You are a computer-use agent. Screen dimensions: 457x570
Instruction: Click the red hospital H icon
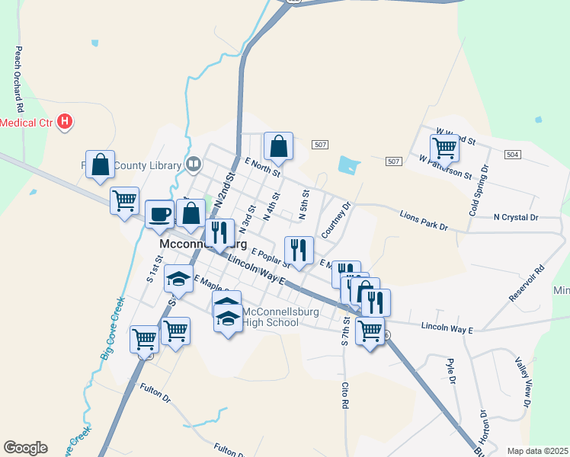(x=66, y=121)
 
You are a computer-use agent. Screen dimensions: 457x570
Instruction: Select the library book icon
(x=194, y=165)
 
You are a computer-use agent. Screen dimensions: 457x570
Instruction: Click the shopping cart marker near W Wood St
(x=444, y=148)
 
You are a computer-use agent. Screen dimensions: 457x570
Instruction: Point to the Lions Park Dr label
(x=424, y=220)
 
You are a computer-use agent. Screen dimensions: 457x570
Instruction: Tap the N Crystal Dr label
(x=515, y=217)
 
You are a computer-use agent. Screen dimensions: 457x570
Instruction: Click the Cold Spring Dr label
(x=478, y=188)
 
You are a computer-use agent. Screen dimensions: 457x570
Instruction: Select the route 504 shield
(x=513, y=154)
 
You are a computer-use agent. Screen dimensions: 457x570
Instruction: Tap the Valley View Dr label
(x=524, y=380)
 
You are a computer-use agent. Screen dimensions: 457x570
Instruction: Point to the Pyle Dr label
(x=451, y=371)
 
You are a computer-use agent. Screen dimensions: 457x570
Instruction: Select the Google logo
(x=25, y=448)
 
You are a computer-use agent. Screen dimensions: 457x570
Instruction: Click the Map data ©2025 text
(x=537, y=451)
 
